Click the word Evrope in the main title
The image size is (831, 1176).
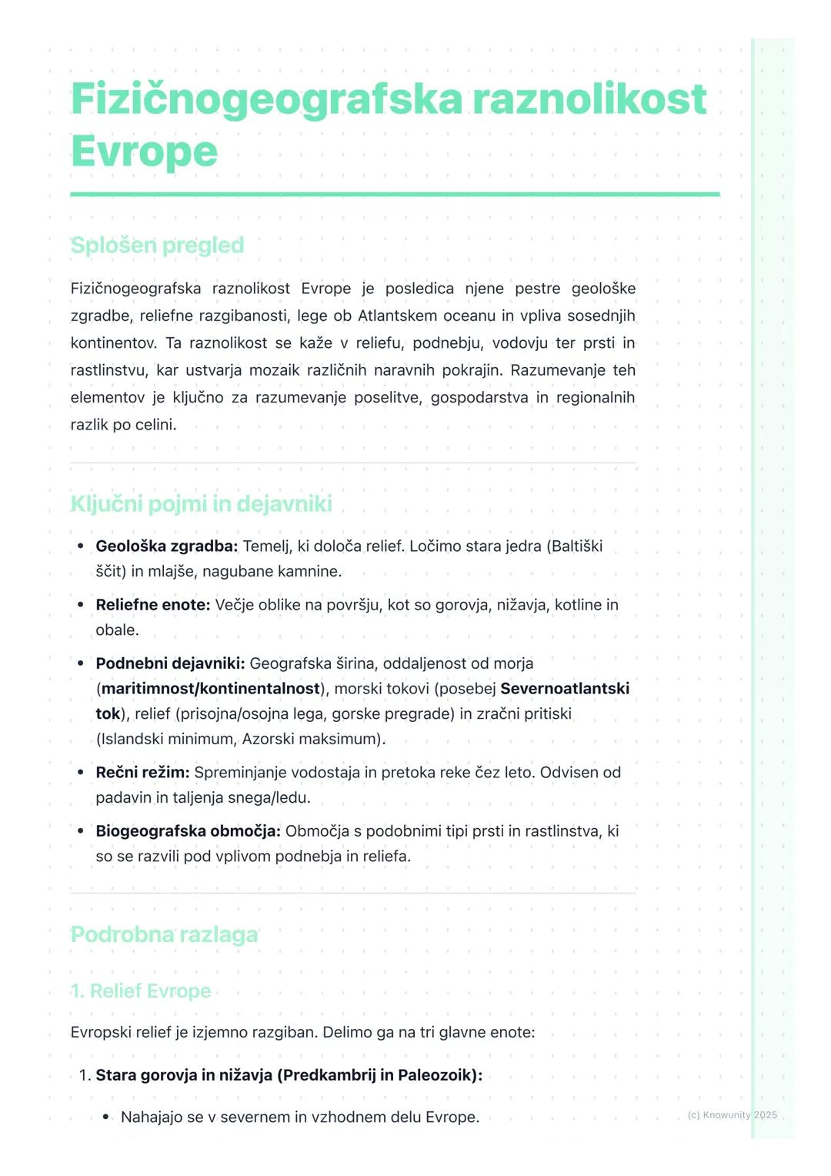144,151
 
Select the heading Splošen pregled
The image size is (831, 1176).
157,246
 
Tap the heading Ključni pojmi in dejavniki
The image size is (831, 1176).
201,504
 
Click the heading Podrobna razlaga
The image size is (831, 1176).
164,934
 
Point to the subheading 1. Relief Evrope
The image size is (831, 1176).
141,991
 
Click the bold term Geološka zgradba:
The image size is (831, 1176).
166,546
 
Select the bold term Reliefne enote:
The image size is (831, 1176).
152,605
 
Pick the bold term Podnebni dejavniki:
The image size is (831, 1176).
170,663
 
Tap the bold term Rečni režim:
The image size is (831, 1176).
142,773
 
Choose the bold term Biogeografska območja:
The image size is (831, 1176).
188,831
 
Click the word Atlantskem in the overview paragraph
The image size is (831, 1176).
397,316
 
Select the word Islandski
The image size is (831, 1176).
132,739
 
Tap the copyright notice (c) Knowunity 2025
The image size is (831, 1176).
732,1114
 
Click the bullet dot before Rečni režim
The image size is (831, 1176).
81,773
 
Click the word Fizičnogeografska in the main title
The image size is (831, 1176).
266,99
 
